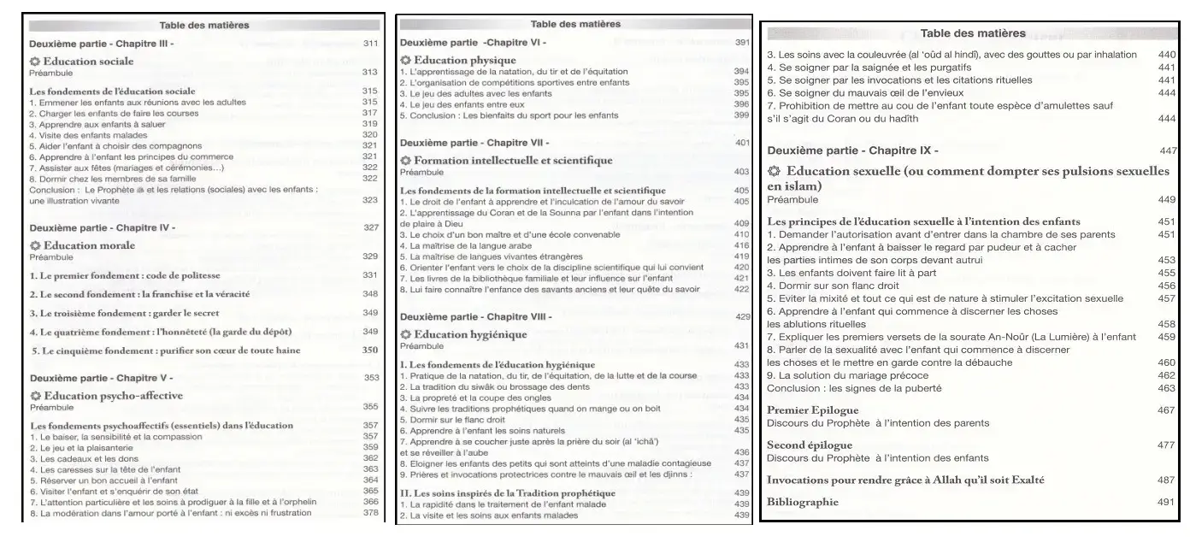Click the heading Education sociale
click(88, 62)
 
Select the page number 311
click(370, 43)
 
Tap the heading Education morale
click(88, 245)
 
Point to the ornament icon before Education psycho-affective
click(35, 395)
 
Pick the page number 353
click(370, 376)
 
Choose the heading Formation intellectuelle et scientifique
click(513, 160)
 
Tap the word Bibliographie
click(803, 502)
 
